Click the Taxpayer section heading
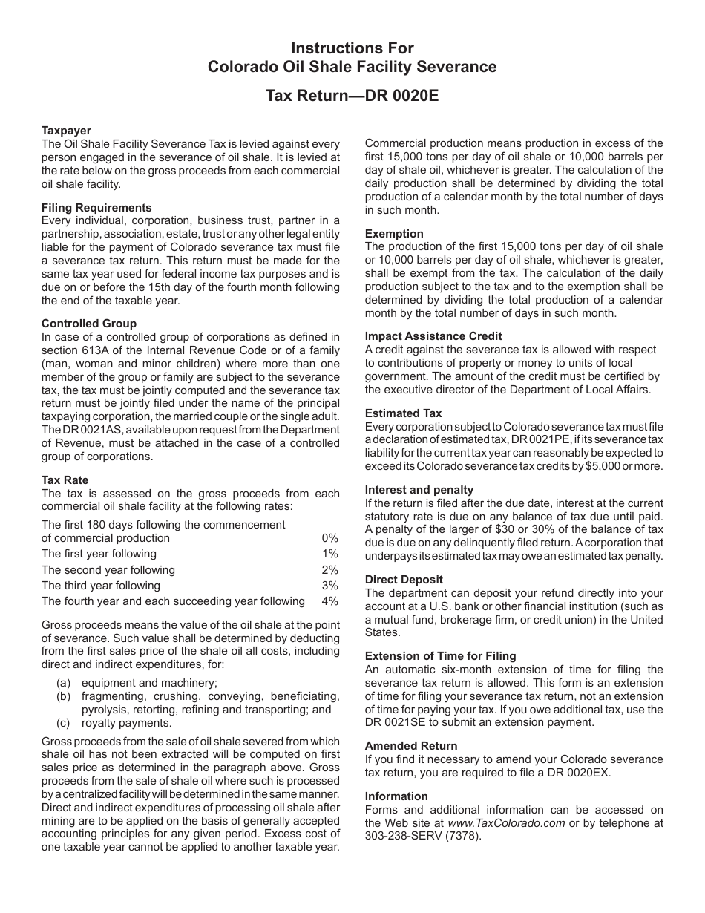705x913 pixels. (x=66, y=130)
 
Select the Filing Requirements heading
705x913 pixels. (x=96, y=208)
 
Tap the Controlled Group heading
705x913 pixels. (x=89, y=324)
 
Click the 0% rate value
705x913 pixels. (x=329, y=538)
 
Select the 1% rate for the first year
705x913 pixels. (x=329, y=554)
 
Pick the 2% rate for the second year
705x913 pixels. (x=329, y=570)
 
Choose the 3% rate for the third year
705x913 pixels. (x=329, y=586)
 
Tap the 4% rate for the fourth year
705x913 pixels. (x=329, y=601)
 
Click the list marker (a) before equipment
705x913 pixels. (x=65, y=683)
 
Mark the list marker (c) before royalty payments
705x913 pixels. (x=65, y=723)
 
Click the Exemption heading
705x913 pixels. (x=394, y=234)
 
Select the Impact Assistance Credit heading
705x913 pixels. (x=433, y=336)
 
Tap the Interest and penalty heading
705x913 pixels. (x=419, y=490)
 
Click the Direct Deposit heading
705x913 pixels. (x=404, y=580)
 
